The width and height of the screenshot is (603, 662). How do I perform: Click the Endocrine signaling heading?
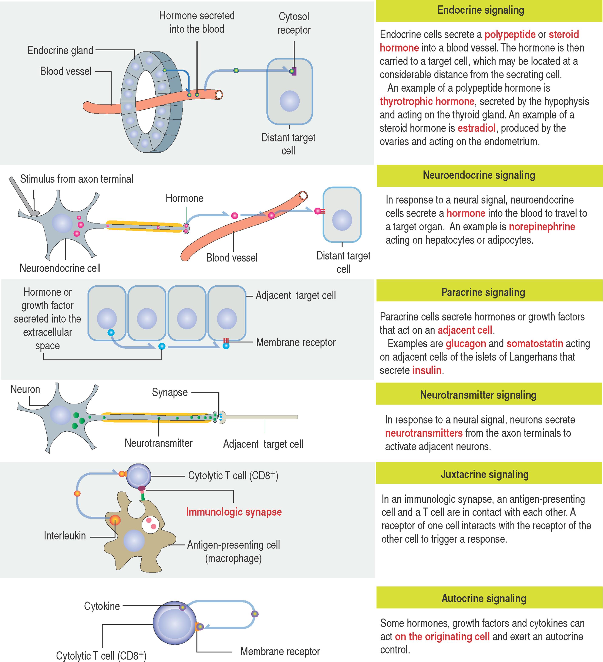click(x=481, y=10)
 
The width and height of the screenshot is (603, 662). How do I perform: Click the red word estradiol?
click(x=476, y=128)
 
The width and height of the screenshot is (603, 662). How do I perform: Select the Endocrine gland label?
click(x=60, y=50)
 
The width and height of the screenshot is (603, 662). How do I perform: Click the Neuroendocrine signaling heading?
click(x=479, y=175)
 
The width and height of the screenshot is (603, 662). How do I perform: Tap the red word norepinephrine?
click(x=542, y=227)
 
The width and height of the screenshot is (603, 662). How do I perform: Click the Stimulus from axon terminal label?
click(x=77, y=179)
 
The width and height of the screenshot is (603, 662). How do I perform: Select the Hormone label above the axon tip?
click(x=184, y=198)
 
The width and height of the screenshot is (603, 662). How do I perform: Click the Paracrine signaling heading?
click(x=483, y=292)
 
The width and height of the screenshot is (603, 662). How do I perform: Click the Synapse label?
click(x=169, y=392)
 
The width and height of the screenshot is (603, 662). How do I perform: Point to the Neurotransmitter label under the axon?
click(x=158, y=443)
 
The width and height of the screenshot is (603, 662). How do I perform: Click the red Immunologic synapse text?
click(x=234, y=512)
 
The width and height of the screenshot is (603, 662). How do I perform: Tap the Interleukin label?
click(x=65, y=536)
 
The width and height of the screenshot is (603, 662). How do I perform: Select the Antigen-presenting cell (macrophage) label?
click(x=233, y=551)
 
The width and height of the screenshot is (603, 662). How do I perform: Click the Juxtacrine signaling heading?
click(x=484, y=475)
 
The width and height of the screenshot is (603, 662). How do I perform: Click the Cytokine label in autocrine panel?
click(x=102, y=606)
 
